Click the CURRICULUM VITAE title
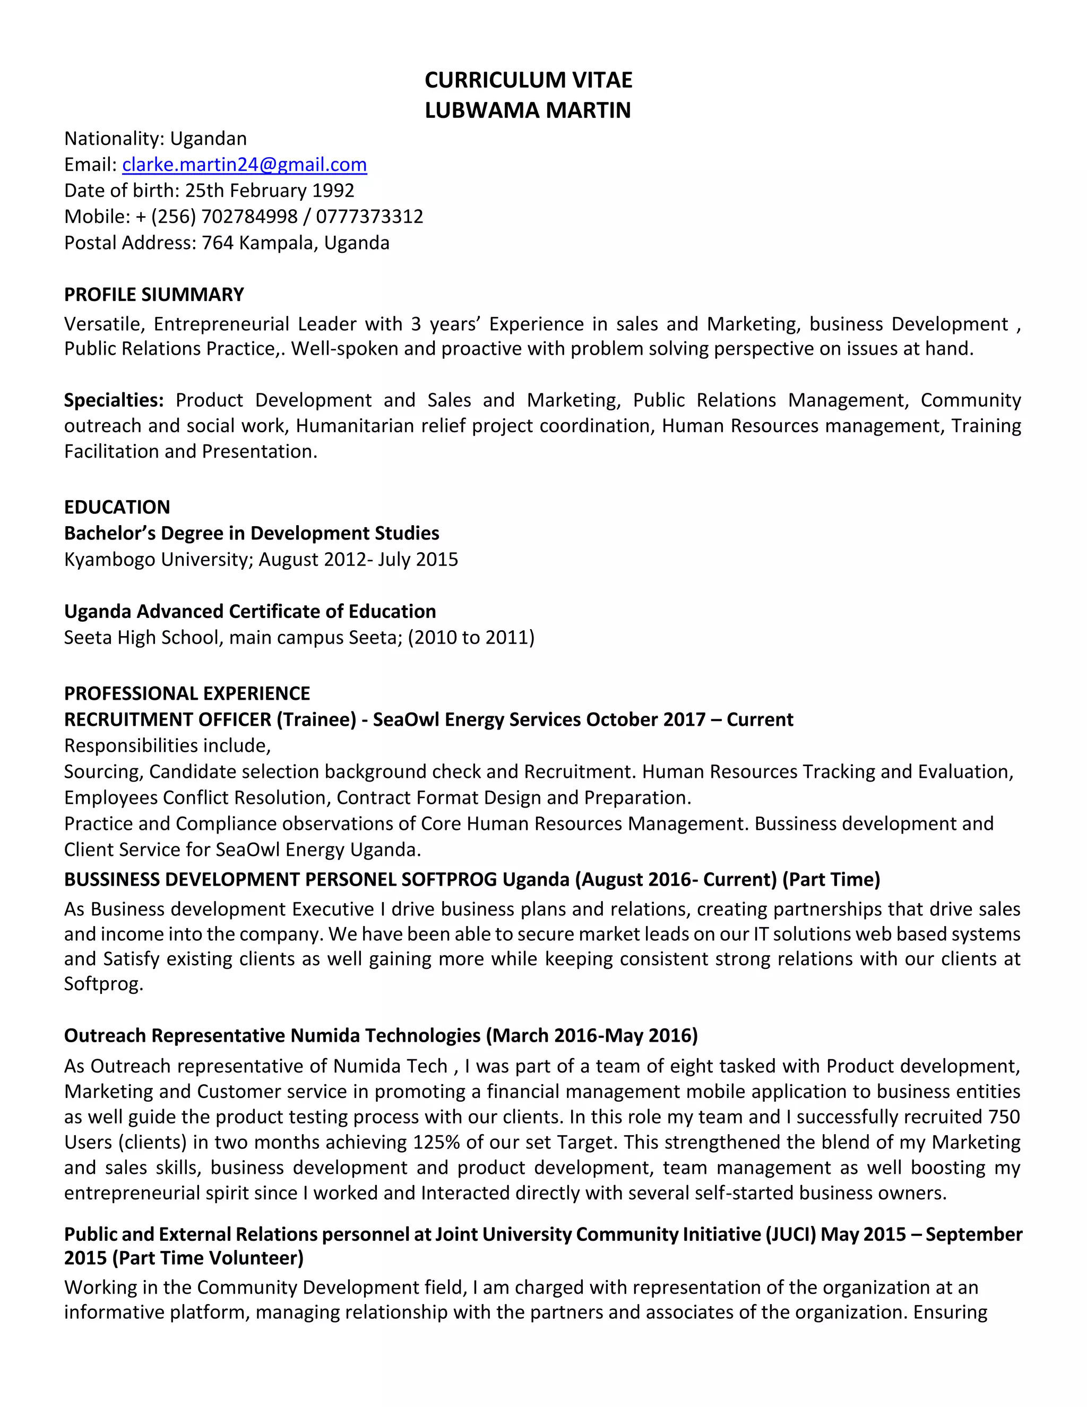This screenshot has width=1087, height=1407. point(528,80)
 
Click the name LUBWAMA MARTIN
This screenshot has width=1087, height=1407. point(528,110)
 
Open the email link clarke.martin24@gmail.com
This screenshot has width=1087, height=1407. point(244,165)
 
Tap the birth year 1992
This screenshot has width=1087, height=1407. point(333,191)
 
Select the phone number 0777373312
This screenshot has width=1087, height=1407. point(369,217)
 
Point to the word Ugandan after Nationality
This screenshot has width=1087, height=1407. point(208,139)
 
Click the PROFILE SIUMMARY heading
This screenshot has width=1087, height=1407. point(154,295)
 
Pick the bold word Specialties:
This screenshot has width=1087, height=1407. point(114,400)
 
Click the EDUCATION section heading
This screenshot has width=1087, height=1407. point(117,507)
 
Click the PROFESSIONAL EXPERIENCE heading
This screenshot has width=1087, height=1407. point(187,693)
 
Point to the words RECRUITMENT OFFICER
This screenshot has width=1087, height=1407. point(167,719)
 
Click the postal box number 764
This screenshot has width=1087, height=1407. point(218,243)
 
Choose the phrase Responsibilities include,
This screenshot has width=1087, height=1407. point(167,745)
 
